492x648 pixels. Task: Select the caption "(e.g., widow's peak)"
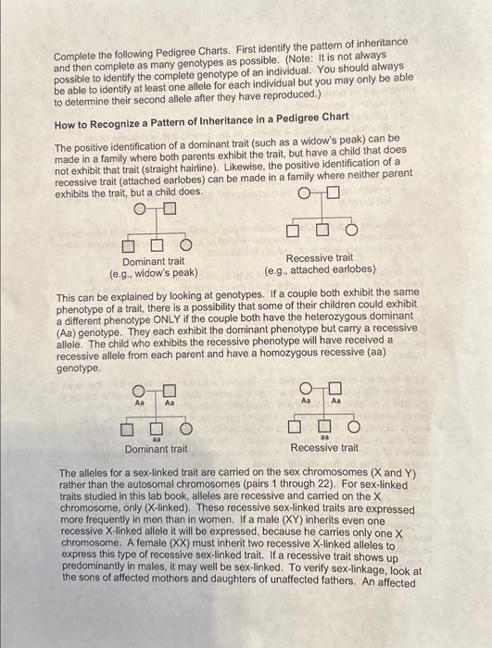[154, 273]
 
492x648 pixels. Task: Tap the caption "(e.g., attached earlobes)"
[320, 269]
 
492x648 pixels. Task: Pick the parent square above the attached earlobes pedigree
[334, 193]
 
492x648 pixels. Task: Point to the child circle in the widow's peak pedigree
[185, 244]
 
